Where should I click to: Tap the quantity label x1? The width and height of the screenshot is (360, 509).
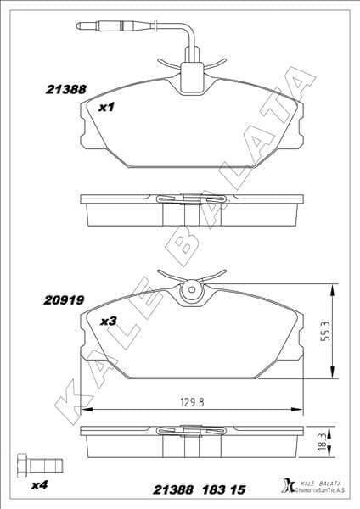(x=106, y=108)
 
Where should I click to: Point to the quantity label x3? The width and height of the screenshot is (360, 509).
(x=108, y=322)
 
